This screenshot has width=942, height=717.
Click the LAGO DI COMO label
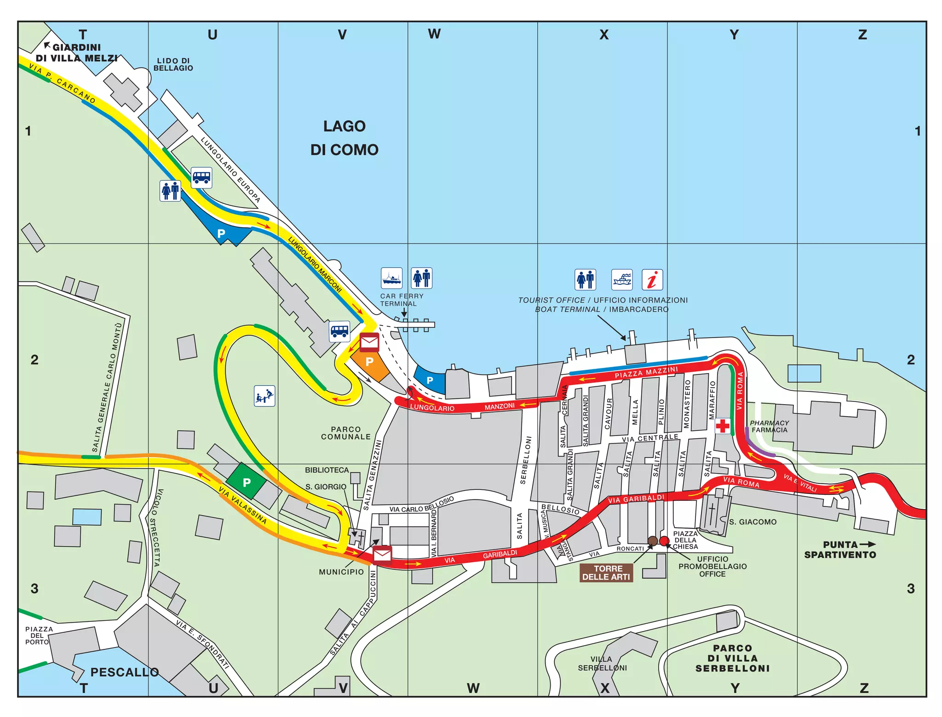point(344,138)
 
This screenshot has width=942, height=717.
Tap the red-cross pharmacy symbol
point(722,426)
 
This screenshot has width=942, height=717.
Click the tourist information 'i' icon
point(652,280)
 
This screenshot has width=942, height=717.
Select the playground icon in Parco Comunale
point(264,396)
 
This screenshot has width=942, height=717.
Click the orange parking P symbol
point(369,362)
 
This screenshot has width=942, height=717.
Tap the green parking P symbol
point(247,482)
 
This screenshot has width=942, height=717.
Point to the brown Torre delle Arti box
point(606,573)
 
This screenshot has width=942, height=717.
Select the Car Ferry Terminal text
point(401,300)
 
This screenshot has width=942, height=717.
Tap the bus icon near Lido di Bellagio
point(201,178)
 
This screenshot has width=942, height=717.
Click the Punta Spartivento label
point(840,550)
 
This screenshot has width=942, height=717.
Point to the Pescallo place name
point(124,672)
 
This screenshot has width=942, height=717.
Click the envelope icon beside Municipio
point(382,556)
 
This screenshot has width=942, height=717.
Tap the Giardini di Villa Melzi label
point(76,52)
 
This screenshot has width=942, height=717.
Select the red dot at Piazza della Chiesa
point(664,541)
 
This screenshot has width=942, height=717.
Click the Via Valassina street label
point(242,505)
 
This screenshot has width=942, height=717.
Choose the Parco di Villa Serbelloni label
point(732,658)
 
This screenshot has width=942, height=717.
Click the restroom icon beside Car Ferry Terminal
point(421,278)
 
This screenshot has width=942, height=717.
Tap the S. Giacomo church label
point(752,522)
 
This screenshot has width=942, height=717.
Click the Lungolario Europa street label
point(230,170)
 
